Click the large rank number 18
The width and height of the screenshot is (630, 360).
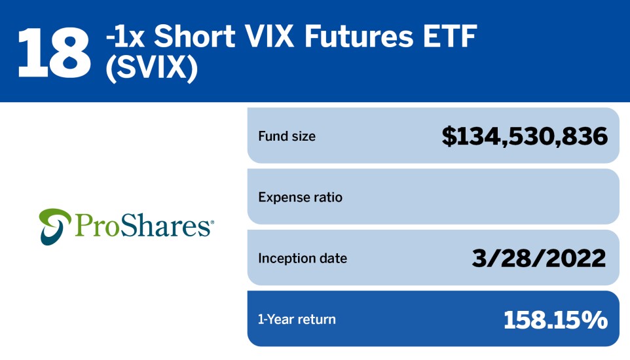pos(54,52)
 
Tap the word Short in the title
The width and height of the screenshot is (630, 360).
pos(195,36)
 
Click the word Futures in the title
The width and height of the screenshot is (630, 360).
pos(359,36)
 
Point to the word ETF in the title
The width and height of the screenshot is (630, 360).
pos(449,36)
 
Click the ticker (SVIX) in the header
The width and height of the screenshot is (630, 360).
pos(152,68)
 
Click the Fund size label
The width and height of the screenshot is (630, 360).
pos(287,136)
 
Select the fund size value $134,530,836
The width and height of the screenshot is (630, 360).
pos(525,136)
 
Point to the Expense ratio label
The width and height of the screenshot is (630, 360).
pos(300,197)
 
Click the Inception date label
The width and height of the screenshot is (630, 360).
pos(303,259)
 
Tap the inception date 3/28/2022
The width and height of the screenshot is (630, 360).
pos(539,258)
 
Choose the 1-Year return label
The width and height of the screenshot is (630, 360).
pos(297,319)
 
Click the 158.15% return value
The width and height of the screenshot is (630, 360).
pos(555,320)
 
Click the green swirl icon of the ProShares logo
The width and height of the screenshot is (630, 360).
pos(55,226)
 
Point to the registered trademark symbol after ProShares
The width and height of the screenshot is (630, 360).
pos(212,222)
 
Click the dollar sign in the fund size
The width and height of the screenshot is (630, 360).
pos(449,136)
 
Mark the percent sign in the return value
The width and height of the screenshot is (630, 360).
pos(594,320)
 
